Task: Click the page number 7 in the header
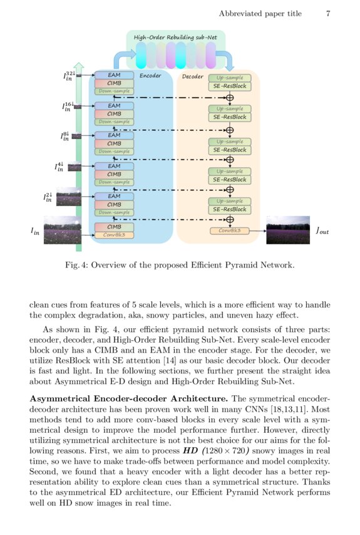328,13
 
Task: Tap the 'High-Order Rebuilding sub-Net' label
175,38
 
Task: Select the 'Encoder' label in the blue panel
150,76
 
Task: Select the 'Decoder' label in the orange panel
193,76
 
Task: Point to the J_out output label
321,231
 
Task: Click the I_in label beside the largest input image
35,231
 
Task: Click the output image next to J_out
288,230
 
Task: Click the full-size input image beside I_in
64,230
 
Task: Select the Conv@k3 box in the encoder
114,235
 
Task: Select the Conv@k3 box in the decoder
229,231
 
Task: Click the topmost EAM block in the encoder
114,75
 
